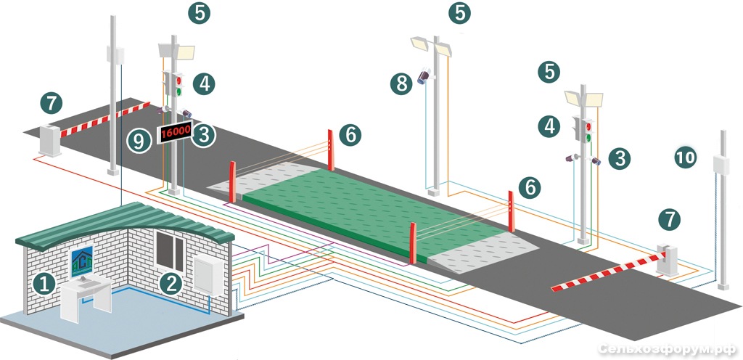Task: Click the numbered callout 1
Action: (x=44, y=285)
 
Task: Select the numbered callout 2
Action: (x=171, y=283)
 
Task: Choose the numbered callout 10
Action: (x=686, y=157)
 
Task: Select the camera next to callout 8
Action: (x=424, y=75)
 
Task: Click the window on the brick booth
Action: (x=170, y=252)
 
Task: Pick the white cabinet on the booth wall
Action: (x=208, y=275)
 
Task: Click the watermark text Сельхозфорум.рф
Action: (x=668, y=349)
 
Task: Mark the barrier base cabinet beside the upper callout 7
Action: (x=49, y=140)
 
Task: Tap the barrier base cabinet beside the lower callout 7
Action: (x=668, y=260)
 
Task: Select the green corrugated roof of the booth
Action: (x=126, y=224)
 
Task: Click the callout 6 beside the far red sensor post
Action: (x=350, y=135)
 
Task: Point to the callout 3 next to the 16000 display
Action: (x=204, y=136)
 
